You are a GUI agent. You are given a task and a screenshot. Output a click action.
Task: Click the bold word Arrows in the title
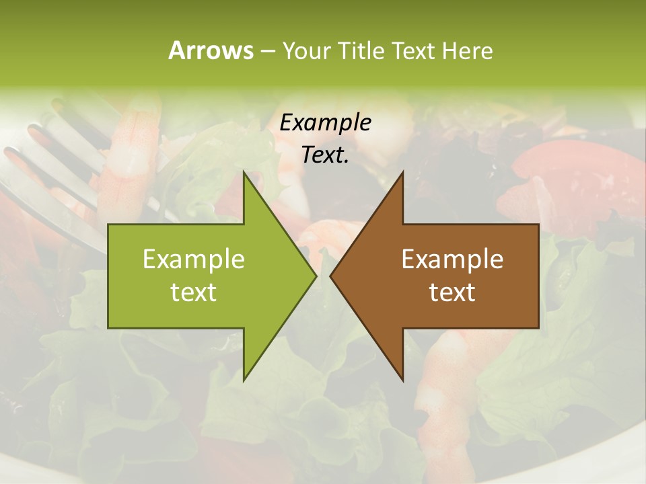point(211,50)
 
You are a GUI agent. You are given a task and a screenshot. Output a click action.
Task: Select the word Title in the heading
point(361,50)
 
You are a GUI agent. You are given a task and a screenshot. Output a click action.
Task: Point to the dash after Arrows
point(267,51)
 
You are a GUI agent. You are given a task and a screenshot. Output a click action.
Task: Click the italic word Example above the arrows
point(325,123)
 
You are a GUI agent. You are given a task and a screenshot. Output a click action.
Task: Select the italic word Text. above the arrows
point(325,155)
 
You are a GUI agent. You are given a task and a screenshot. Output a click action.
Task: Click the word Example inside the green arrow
point(194,259)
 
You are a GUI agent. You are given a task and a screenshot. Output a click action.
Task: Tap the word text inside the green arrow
point(194,292)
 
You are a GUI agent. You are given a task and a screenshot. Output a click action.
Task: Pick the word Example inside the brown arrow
point(452,259)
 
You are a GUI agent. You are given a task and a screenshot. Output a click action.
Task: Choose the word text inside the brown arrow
point(452,292)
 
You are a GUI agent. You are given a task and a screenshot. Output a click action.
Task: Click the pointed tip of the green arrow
point(316,276)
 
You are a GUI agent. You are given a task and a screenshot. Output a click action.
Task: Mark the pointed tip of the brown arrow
point(330,276)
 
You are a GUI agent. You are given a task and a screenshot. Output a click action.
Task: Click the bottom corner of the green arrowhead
point(244,380)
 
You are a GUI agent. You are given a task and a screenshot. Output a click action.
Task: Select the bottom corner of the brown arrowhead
point(402,380)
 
